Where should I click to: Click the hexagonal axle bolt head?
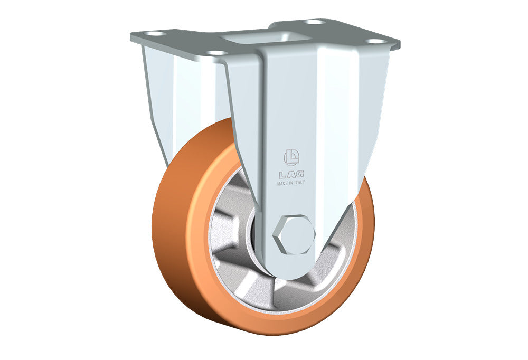(x=294, y=234)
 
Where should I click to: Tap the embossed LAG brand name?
(x=291, y=174)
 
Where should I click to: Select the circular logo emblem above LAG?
(x=291, y=158)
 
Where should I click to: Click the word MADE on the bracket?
(x=282, y=184)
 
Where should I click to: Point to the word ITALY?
(x=299, y=182)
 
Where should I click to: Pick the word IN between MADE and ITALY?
(x=290, y=183)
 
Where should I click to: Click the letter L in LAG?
(x=281, y=175)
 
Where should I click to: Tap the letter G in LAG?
(x=300, y=174)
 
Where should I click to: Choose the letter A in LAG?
(x=291, y=174)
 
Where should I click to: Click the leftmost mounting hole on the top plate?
(x=155, y=34)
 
